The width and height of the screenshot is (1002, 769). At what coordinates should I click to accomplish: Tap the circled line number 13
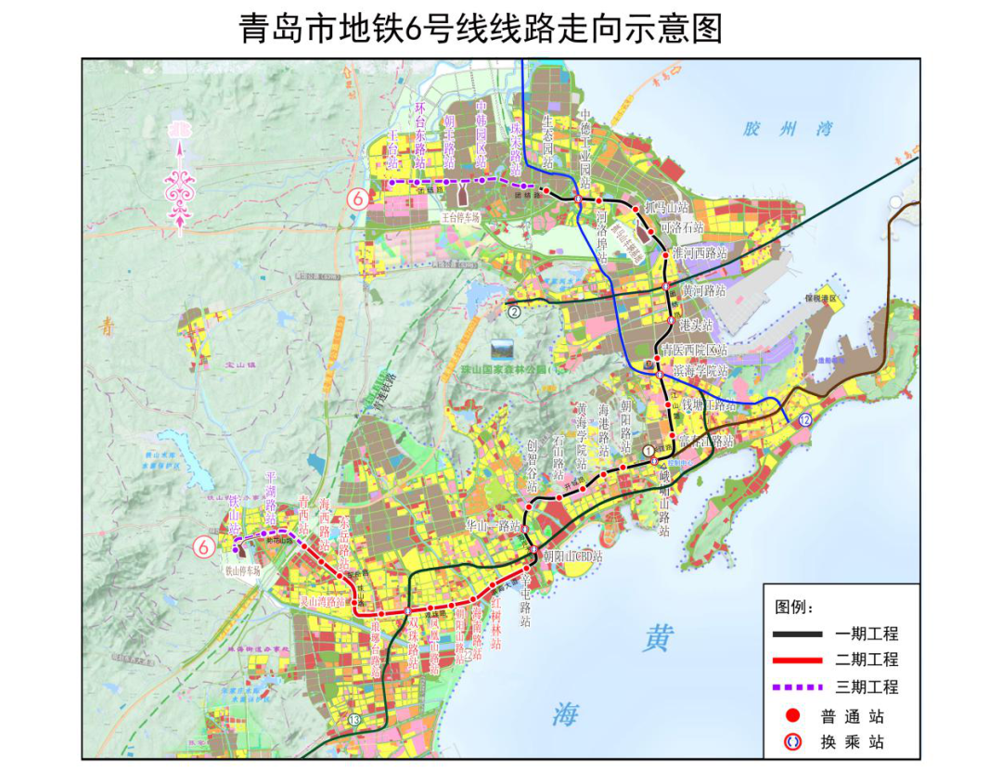tap(353, 720)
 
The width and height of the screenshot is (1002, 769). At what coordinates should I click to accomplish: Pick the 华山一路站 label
tap(492, 525)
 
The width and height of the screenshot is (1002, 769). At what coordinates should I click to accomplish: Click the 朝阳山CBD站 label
tap(572, 557)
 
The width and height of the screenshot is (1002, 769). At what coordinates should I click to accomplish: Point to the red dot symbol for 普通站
tap(792, 716)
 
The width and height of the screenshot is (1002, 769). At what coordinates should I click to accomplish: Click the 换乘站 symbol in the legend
tap(792, 742)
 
